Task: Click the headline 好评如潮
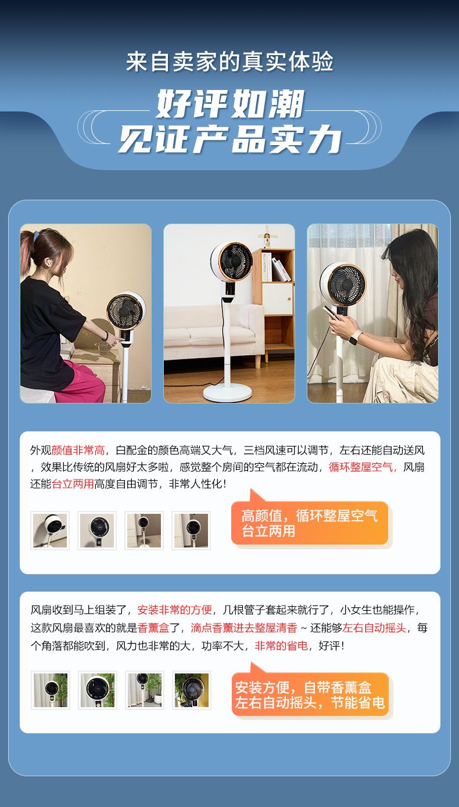point(230,104)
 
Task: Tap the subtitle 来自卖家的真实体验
point(229,62)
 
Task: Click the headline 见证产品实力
point(230,139)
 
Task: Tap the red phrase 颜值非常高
point(78,451)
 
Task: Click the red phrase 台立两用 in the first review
point(73,484)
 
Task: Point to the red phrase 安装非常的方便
point(174,610)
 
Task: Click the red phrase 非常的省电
point(281,646)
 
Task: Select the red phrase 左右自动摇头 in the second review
point(374,628)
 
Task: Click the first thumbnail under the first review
point(50,530)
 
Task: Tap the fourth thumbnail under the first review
point(191,530)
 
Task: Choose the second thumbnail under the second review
point(98,690)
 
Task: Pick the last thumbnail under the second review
point(192,690)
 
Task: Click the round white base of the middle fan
point(227,393)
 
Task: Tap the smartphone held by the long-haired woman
point(331,312)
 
